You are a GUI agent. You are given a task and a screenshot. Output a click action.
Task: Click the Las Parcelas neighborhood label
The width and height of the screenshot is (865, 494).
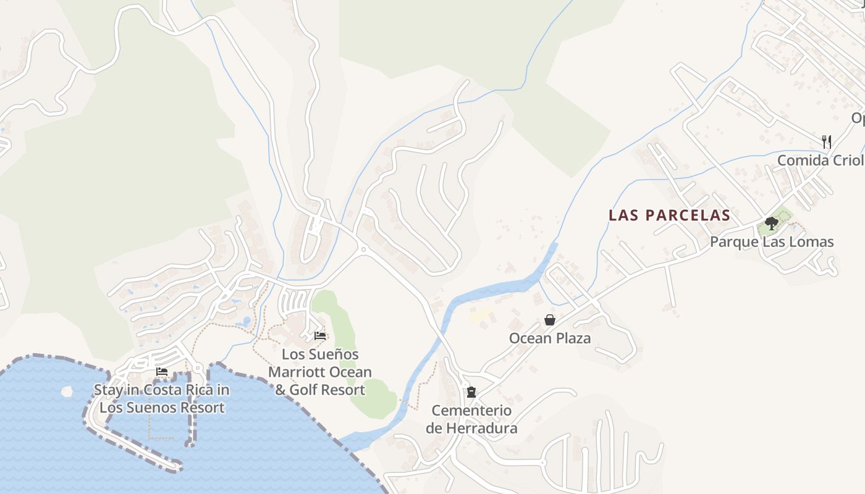tap(669, 216)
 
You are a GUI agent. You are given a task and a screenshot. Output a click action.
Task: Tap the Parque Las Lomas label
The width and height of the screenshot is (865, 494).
tap(772, 242)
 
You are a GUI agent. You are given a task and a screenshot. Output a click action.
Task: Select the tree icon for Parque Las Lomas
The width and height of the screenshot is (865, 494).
tap(771, 223)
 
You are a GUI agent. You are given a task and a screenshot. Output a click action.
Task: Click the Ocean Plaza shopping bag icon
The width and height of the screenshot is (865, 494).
tap(549, 320)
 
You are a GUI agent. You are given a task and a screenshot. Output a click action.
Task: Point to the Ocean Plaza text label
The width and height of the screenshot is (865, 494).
tap(549, 338)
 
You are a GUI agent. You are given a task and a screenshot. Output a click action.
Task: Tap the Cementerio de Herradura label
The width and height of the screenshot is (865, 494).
tap(471, 419)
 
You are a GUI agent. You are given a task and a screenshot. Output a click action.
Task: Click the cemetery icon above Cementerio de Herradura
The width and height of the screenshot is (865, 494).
tap(471, 391)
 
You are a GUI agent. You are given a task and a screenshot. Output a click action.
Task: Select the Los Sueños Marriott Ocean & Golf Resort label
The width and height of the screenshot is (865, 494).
tap(320, 372)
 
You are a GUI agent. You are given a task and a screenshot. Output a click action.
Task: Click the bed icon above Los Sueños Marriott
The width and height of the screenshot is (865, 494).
tap(320, 336)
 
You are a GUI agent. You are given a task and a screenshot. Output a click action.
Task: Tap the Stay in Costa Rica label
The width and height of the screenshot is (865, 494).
tap(161, 399)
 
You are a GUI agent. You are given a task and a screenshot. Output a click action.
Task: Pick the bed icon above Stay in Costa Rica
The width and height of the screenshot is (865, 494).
tap(162, 372)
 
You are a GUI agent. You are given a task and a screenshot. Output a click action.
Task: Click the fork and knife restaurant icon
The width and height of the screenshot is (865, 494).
tap(827, 141)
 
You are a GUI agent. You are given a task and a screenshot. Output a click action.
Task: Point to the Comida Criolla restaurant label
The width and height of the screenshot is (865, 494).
tap(821, 161)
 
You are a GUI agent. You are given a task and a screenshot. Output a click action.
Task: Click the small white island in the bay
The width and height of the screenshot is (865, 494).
tap(67, 391)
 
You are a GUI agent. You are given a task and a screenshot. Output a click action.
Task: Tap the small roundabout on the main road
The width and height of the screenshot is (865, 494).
tap(363, 249)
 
